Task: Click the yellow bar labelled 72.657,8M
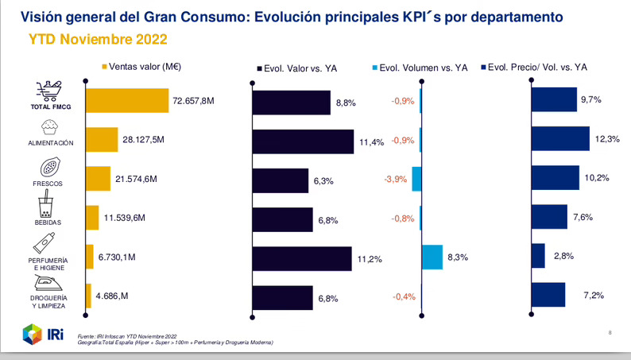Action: (127, 101)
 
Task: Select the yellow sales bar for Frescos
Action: (97, 179)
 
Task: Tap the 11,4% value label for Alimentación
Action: (371, 142)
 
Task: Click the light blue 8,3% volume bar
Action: (432, 257)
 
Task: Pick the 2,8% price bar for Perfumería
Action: (538, 256)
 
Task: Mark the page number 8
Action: (610, 332)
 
